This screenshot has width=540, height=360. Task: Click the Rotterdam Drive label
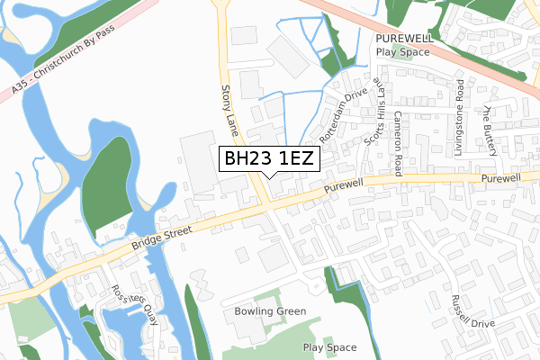pos(344,115)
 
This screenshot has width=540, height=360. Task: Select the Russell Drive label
pos(473,311)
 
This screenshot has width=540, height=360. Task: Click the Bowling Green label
pos(271,311)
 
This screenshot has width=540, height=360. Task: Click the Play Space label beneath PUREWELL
pos(404,52)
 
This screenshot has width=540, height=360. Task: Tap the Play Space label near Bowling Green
pos(330,347)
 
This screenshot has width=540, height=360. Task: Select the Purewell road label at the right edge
pos(500,180)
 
